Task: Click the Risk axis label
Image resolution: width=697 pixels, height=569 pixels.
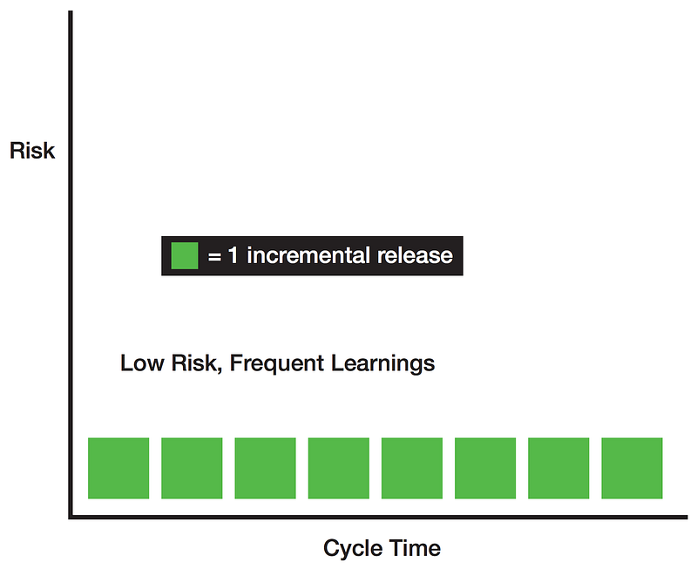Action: tap(32, 151)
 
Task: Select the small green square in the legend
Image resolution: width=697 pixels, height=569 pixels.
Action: tap(185, 255)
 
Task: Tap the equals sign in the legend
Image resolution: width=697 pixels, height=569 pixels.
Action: tap(213, 256)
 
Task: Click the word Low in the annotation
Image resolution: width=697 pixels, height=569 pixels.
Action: tap(140, 363)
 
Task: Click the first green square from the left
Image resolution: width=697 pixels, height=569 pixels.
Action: tap(118, 468)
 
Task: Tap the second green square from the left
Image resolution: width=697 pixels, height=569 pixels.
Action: tap(192, 468)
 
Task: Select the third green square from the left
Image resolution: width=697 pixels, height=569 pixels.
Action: tap(265, 468)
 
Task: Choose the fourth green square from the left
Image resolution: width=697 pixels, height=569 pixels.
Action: tap(338, 468)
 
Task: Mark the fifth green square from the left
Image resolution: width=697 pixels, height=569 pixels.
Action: tap(411, 468)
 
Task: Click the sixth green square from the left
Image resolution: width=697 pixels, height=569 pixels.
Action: tap(485, 468)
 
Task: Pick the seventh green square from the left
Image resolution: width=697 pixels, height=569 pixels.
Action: tap(558, 468)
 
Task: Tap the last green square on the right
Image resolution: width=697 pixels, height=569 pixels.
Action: tap(632, 468)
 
